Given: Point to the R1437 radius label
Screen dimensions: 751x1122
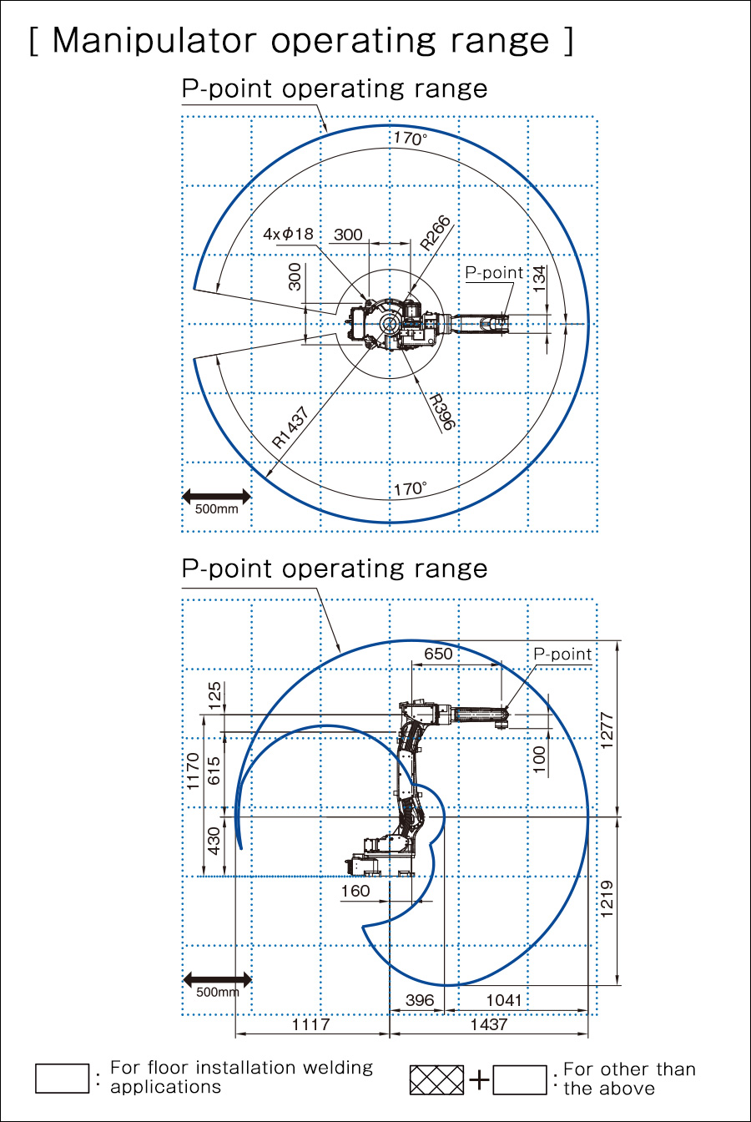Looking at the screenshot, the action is pos(290,427).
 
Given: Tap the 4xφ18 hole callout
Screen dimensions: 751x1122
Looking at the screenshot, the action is pos(289,234).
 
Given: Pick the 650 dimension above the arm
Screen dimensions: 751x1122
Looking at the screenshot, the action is pos(438,654).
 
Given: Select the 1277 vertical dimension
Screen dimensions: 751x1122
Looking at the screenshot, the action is pos(607,730).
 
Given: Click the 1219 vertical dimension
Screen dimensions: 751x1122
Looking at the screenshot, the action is pos(607,899).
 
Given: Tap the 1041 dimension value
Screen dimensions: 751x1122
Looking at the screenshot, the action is pos(504,1000).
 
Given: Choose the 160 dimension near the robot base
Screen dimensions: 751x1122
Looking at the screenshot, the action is pos(355,891).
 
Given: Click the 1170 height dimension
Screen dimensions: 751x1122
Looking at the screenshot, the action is pos(193,771).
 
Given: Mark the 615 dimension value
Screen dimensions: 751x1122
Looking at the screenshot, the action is pos(214,771).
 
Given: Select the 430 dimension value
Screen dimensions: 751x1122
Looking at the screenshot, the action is pos(214,841).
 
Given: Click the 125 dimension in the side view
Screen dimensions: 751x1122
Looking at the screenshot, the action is pos(214,695).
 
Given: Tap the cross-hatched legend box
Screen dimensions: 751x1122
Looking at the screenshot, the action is pos(436,1079).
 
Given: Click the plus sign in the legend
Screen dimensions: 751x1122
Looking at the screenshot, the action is pos(479,1079).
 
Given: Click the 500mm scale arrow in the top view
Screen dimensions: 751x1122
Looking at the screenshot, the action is pos(216,497).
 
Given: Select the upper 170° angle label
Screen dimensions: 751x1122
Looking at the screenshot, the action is pos(410,139).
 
